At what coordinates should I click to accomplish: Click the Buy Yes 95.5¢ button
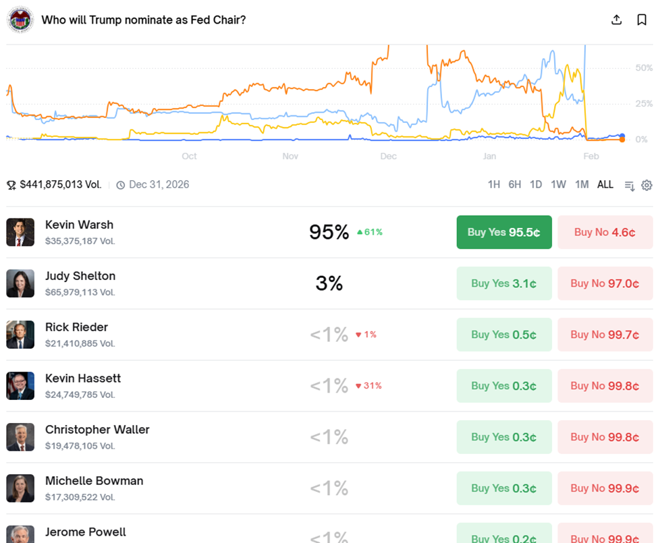point(503,232)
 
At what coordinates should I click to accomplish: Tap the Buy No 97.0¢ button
point(605,283)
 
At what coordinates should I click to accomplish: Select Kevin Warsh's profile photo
point(20,232)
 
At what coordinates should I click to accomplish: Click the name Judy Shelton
point(80,276)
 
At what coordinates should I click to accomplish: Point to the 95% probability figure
point(329,232)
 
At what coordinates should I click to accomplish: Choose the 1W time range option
point(558,185)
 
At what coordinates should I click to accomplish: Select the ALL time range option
point(605,185)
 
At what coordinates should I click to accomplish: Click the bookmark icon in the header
point(642,20)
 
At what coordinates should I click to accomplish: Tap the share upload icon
point(616,20)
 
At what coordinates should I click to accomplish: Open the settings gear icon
point(647,185)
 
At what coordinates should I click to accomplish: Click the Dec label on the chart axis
point(388,156)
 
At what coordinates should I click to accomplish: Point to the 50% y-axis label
point(644,68)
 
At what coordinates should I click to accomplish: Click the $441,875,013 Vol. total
point(61,184)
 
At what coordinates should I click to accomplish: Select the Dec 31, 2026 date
point(159,184)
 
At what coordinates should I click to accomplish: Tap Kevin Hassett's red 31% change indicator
point(369,386)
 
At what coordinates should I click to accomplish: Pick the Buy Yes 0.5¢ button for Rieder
point(503,335)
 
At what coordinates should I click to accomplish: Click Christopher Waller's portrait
point(20,437)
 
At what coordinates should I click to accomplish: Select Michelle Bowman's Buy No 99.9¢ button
point(605,488)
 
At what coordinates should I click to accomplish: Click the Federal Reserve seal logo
point(20,20)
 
